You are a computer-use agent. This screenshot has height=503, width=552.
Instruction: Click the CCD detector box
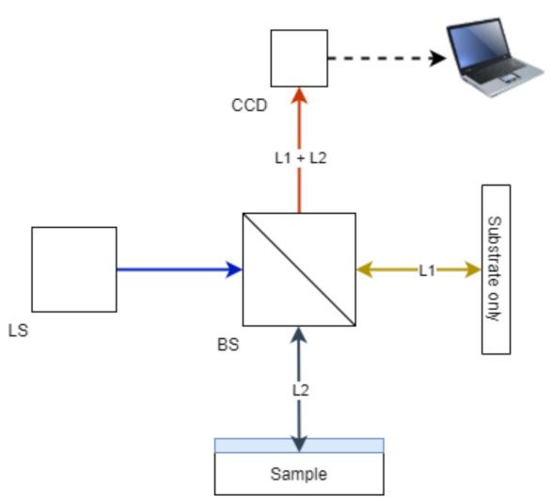click(299, 57)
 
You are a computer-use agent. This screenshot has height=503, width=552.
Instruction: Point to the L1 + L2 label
click(300, 158)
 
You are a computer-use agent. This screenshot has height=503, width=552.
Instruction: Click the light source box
click(74, 269)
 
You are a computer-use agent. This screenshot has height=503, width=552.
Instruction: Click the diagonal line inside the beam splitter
click(299, 269)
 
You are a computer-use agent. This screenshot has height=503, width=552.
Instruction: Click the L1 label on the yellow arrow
click(427, 270)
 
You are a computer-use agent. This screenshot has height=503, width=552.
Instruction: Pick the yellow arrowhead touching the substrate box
click(472, 269)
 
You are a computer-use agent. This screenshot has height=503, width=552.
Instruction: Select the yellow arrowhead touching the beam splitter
click(365, 269)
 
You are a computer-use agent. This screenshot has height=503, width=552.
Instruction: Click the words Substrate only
click(495, 268)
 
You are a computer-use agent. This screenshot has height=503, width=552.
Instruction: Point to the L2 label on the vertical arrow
click(300, 387)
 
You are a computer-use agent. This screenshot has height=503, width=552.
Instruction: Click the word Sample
click(299, 475)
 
